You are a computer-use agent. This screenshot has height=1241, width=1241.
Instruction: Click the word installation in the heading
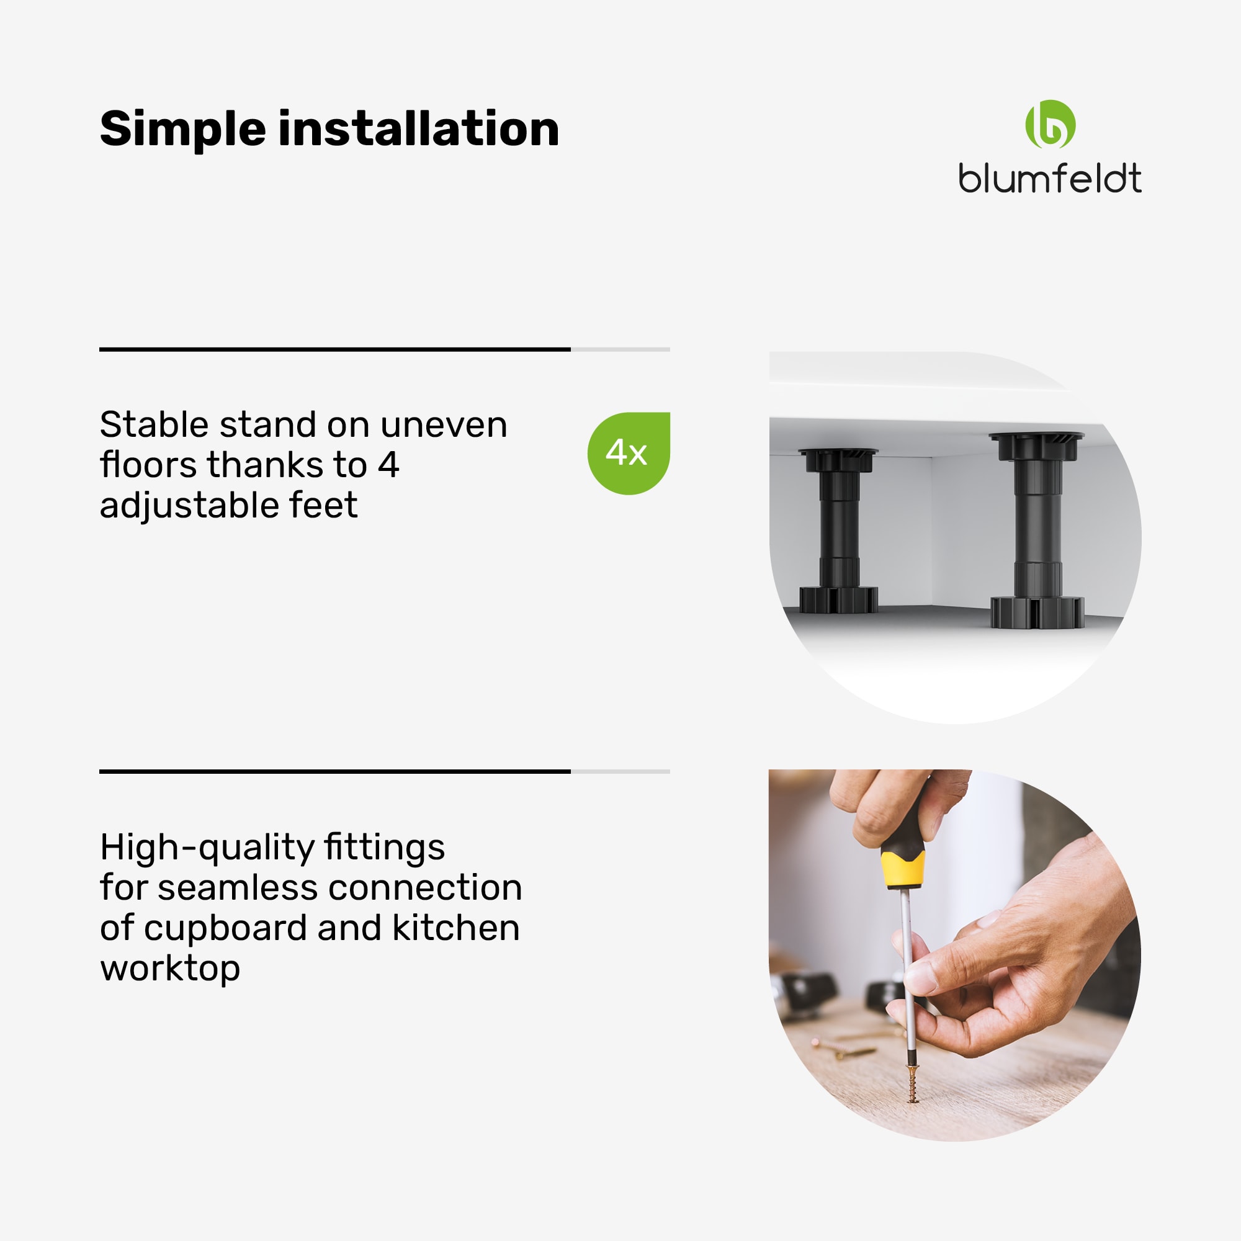(419, 128)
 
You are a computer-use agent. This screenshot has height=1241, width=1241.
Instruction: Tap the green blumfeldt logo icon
(1050, 124)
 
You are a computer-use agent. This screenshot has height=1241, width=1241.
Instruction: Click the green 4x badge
(628, 453)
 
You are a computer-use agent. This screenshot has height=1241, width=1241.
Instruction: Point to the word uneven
(444, 425)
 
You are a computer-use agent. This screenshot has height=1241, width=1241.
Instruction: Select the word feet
(324, 505)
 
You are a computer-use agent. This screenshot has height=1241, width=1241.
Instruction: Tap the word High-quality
(272, 848)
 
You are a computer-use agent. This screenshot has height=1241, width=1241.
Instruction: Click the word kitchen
(456, 928)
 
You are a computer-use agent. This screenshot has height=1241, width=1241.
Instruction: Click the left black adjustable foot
(838, 531)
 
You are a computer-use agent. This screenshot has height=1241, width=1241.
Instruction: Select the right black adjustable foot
(1037, 529)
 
